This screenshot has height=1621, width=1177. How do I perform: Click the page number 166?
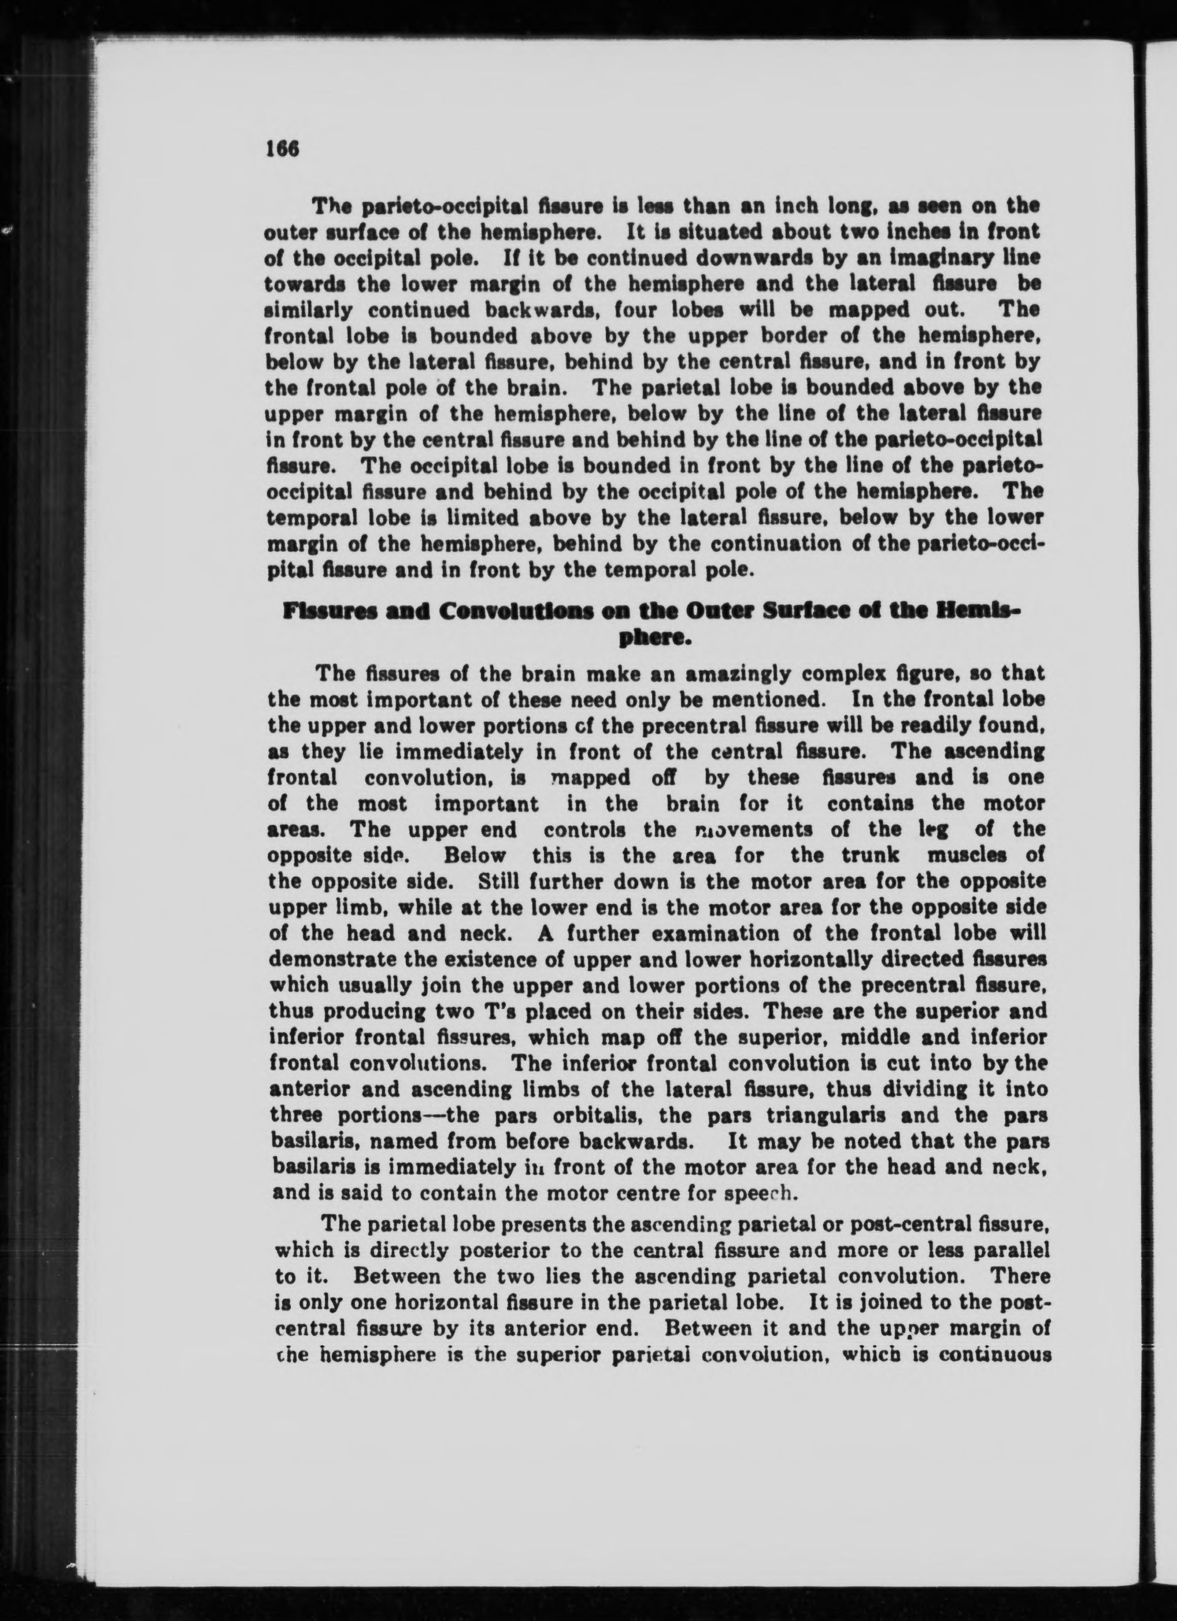point(281,148)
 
